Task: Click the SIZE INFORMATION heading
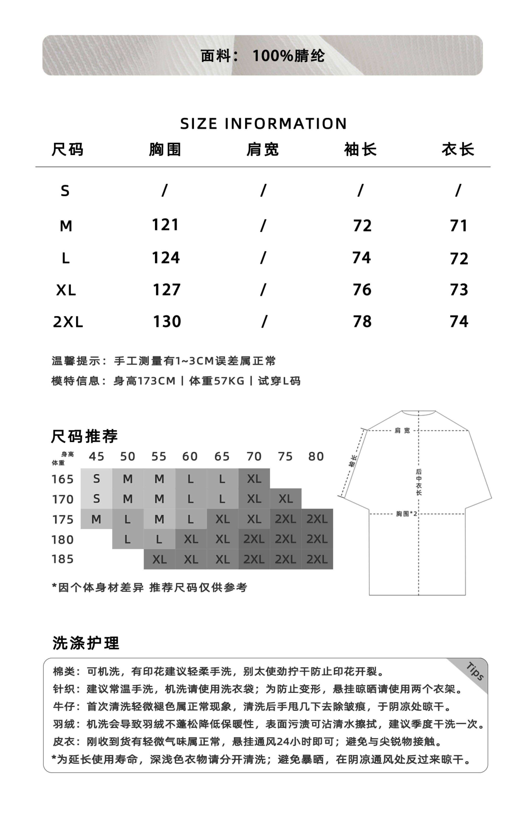click(x=263, y=124)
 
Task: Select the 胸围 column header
click(x=165, y=150)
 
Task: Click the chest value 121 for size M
click(x=165, y=225)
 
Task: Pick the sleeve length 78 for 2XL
click(x=362, y=322)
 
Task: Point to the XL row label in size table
click(x=66, y=290)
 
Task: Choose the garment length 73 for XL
click(x=459, y=290)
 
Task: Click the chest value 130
click(x=167, y=322)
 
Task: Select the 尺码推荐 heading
click(x=84, y=436)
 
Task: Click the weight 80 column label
click(x=316, y=457)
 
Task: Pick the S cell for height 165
click(x=96, y=479)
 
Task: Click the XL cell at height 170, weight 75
click(x=285, y=499)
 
